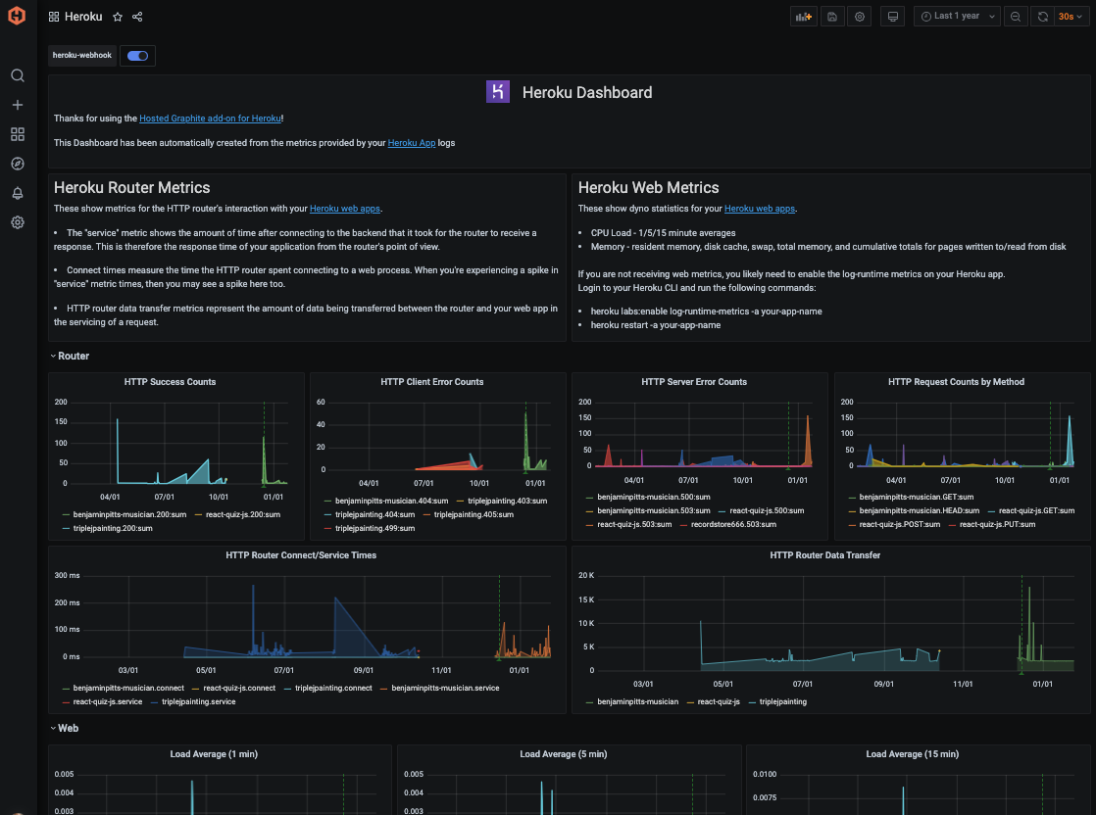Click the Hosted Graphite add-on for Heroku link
pos(210,119)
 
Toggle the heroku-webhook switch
pos(137,56)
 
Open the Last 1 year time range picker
pos(956,17)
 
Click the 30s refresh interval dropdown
pos(1071,17)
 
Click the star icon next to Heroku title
pos(118,17)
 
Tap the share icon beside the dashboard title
pos(137,17)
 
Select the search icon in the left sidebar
pos(18,75)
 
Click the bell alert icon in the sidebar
pos(18,193)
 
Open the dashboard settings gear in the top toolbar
pos(860,17)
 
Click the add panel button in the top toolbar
pos(804,17)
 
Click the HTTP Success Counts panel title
pos(170,382)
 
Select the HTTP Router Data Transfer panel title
pos(824,555)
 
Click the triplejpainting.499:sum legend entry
pos(374,528)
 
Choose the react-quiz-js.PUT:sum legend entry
pos(998,524)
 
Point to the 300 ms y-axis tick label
pos(67,575)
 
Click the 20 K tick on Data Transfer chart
pos(585,575)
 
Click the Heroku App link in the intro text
pos(412,143)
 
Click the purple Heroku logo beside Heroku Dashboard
pos(498,92)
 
